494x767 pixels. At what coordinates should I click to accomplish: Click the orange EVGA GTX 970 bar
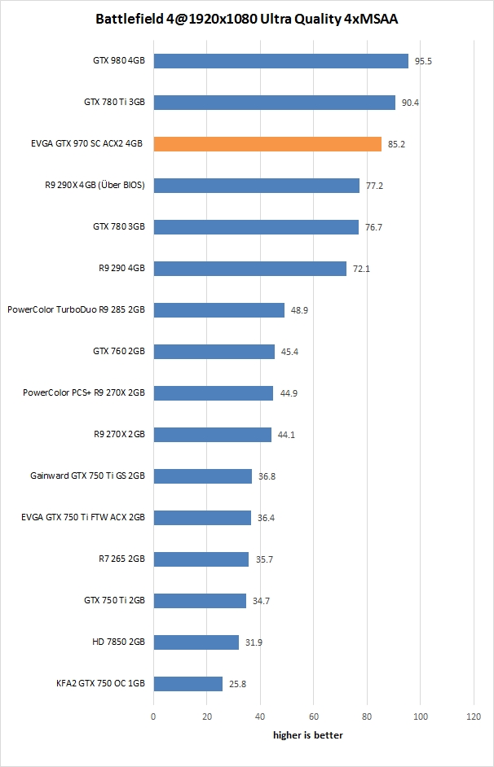(x=267, y=144)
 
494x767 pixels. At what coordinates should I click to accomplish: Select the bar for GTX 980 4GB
(x=280, y=61)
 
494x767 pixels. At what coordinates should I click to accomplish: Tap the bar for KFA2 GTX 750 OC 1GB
(x=187, y=684)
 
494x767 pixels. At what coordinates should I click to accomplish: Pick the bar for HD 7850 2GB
(x=196, y=642)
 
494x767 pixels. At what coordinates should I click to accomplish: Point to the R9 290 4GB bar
(x=249, y=269)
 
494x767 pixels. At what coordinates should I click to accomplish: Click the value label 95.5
(x=423, y=61)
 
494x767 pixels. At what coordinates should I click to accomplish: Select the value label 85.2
(x=397, y=144)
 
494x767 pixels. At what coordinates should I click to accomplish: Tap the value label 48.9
(x=299, y=310)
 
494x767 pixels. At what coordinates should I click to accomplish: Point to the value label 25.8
(x=237, y=684)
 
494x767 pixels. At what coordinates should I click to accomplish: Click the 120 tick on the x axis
(x=474, y=717)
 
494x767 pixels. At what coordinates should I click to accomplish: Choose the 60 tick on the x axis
(x=313, y=717)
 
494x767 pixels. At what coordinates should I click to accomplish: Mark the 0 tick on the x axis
(x=153, y=717)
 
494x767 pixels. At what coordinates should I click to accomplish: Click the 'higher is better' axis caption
(x=307, y=735)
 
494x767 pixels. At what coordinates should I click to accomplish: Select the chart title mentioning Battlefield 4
(x=247, y=19)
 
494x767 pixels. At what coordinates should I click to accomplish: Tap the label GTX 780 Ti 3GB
(x=114, y=103)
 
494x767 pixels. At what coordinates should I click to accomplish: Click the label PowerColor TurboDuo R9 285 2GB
(x=76, y=310)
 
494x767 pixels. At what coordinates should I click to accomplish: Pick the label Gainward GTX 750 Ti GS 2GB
(x=87, y=476)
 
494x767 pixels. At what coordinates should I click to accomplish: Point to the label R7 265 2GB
(x=121, y=559)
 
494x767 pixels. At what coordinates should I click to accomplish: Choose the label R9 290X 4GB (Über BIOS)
(x=95, y=186)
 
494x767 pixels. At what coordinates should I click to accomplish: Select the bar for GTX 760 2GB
(x=214, y=352)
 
